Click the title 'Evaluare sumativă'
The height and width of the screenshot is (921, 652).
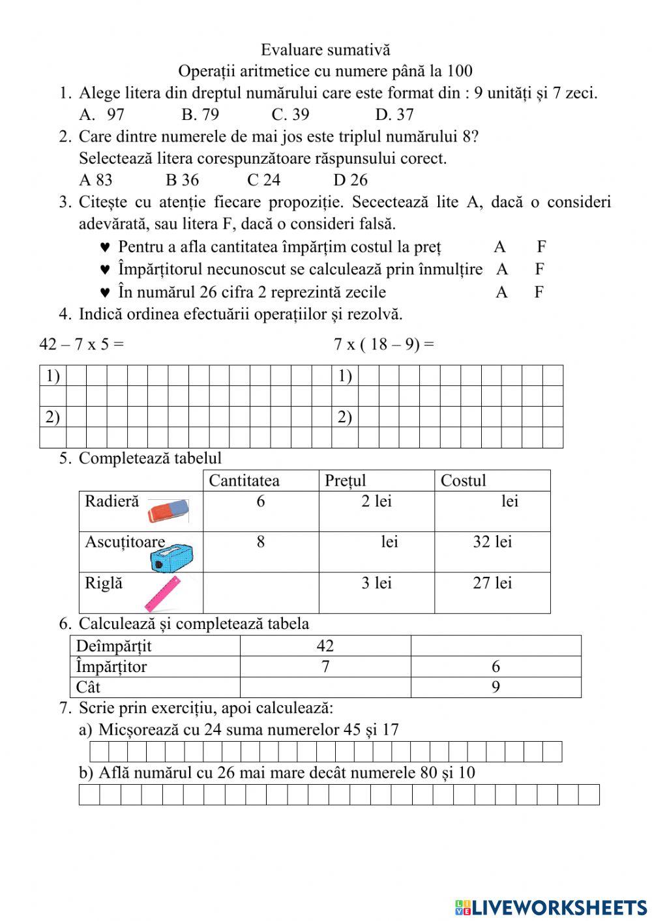[x=325, y=50]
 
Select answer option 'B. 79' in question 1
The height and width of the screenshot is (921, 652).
[x=200, y=115]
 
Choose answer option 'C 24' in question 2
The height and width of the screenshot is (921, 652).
[x=263, y=180]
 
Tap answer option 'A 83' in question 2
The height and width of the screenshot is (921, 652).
[x=95, y=180]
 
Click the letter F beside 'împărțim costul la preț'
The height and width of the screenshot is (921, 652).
[x=541, y=247]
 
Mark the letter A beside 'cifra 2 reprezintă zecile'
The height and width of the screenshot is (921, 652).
[x=501, y=292]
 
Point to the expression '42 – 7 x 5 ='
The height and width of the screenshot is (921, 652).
[x=81, y=344]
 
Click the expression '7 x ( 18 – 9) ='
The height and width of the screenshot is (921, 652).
[x=383, y=344]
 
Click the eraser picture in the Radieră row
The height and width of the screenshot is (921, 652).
[x=168, y=512]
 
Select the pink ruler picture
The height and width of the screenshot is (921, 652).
[x=162, y=593]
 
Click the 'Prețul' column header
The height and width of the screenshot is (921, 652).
[x=346, y=481]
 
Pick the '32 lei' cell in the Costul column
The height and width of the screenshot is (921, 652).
[x=492, y=542]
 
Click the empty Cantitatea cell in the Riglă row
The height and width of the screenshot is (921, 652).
[x=260, y=592]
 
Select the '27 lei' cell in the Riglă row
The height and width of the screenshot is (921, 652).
[x=492, y=583]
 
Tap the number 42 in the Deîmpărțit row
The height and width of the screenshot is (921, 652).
[x=325, y=646]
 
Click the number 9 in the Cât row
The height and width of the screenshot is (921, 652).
[x=496, y=688]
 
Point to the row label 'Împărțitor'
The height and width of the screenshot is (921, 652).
[x=111, y=667]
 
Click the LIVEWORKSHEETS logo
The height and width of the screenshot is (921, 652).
[x=551, y=907]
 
